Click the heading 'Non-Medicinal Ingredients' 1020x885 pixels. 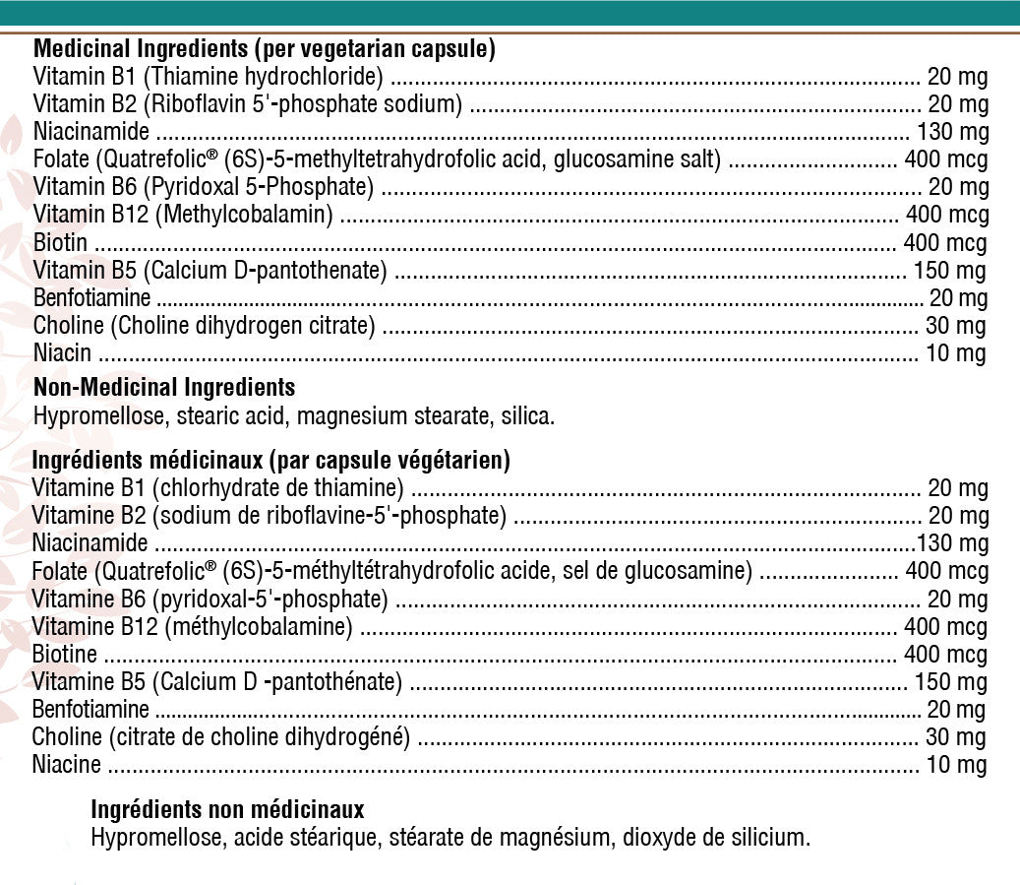(164, 387)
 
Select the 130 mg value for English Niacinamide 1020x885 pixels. (952, 132)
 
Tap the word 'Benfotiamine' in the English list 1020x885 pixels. (91, 297)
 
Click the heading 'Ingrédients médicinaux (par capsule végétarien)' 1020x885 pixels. (270, 460)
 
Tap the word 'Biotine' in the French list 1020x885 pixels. (64, 654)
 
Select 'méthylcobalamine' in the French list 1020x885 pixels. (260, 626)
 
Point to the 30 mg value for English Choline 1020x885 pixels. (955, 326)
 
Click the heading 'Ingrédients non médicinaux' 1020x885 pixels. (227, 810)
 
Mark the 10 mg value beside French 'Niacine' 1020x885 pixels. (957, 764)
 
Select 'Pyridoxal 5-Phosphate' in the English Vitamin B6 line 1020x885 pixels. (261, 187)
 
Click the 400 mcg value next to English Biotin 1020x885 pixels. (945, 243)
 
